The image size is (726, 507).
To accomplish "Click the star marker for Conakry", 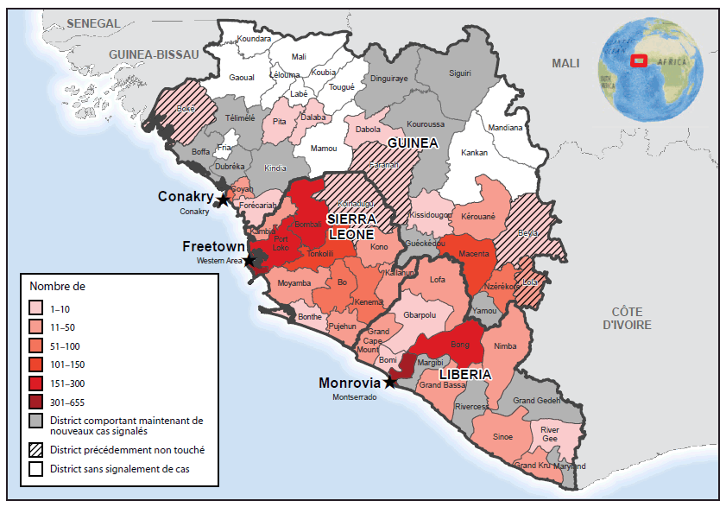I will pos(222,200).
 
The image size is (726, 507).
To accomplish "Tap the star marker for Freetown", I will pos(249,260).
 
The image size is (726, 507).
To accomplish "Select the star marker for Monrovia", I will pos(390,382).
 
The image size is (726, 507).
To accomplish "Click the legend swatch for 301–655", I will pos(36,402).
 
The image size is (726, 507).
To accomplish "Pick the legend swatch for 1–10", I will pos(36,307).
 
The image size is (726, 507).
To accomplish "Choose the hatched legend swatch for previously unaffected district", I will pos(36,449).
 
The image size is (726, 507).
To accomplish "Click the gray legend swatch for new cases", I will pos(36,421).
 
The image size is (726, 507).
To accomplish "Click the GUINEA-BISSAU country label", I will pos(153,54).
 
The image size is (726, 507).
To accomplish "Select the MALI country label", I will pos(567,63).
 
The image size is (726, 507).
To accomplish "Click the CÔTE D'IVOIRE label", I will pos(627,317).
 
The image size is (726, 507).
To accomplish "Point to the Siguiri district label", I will pos(460,73).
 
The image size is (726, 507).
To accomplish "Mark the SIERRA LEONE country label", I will pos(350,226).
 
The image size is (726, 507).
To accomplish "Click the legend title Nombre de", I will pos(57,285).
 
